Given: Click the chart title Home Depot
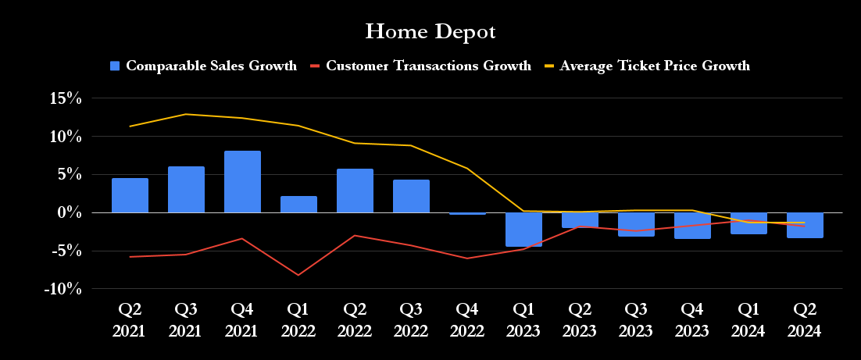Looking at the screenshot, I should (430, 32).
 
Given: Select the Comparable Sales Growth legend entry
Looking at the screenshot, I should (203, 66).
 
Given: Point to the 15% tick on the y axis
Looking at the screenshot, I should (66, 98).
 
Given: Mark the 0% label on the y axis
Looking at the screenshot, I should (70, 212).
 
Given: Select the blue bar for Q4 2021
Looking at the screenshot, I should (242, 182).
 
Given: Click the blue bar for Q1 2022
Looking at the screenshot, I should (298, 205).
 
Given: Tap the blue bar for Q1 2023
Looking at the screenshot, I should (523, 230).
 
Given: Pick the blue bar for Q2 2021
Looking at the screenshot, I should (130, 195).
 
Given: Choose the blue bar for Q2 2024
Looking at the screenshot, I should (805, 225).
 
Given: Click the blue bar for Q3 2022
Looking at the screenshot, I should (411, 196).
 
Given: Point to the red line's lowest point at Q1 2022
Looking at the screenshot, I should (298, 275).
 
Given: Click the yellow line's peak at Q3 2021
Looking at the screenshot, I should (186, 114).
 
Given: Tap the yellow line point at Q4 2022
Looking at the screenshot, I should (467, 168).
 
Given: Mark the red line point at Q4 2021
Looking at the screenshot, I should (242, 238).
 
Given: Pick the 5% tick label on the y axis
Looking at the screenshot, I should (70, 174).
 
